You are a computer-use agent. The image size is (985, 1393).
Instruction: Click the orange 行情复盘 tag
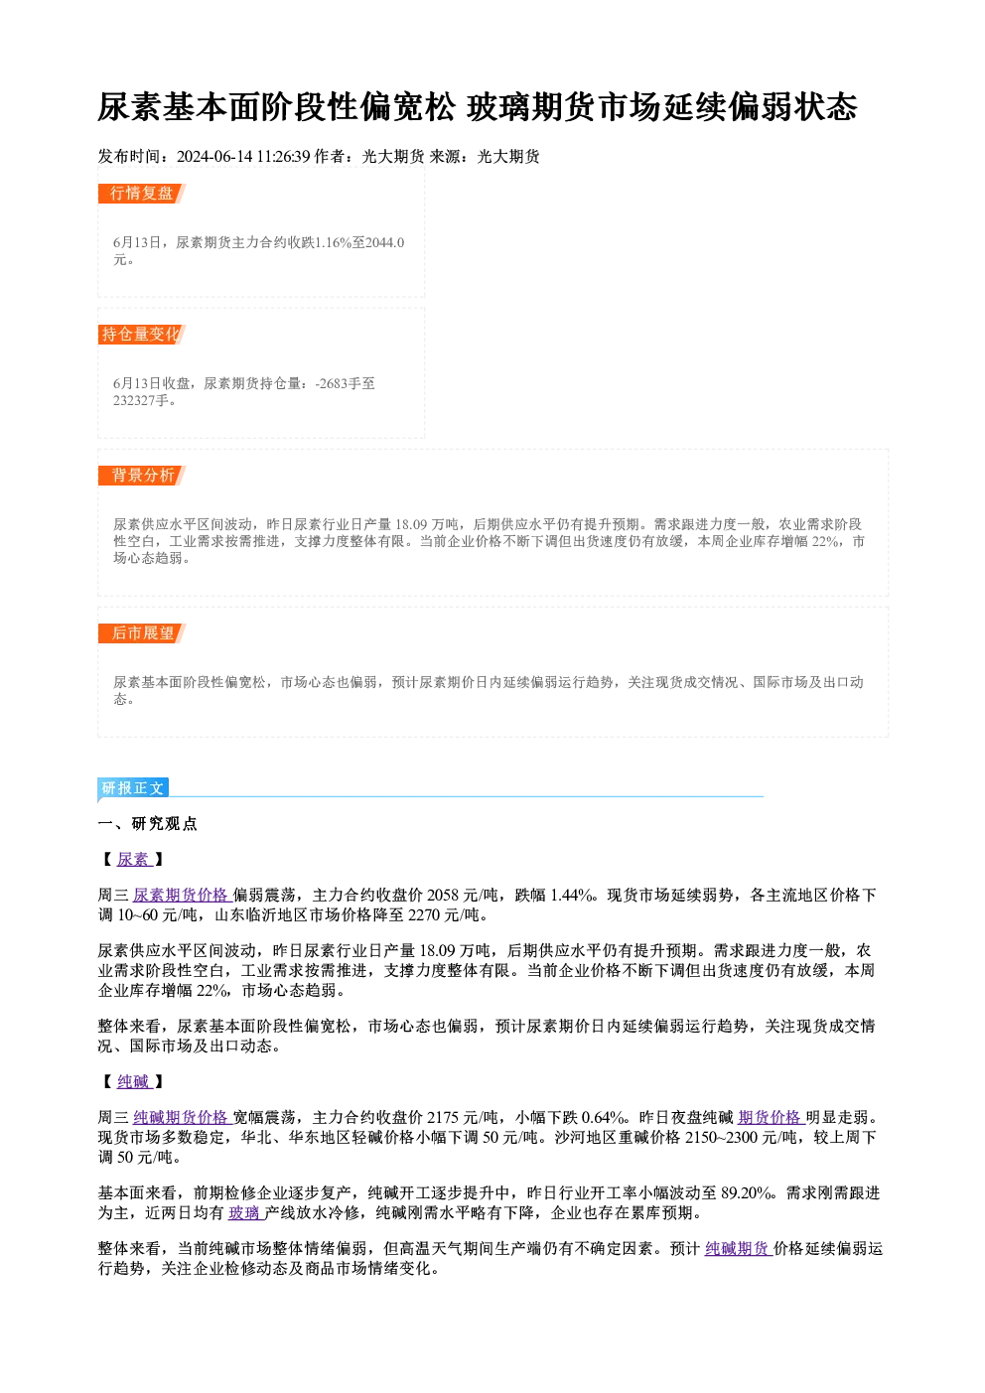tap(142, 194)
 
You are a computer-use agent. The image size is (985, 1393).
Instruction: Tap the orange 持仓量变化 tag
tap(142, 335)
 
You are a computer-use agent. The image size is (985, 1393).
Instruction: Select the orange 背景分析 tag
tap(142, 476)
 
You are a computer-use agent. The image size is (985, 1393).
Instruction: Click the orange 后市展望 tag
tap(142, 633)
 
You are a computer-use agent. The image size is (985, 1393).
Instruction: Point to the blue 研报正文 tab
tap(133, 788)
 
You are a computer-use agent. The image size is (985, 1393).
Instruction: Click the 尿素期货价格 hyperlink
tap(182, 895)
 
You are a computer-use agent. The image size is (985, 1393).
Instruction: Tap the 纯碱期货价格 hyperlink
tap(182, 1118)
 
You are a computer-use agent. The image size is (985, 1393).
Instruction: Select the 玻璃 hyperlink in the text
tap(246, 1212)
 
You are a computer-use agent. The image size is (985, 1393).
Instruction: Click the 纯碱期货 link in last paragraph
tap(738, 1249)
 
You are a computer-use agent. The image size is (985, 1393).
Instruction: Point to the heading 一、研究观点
tap(147, 824)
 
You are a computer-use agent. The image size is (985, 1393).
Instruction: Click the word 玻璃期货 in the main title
tap(531, 107)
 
